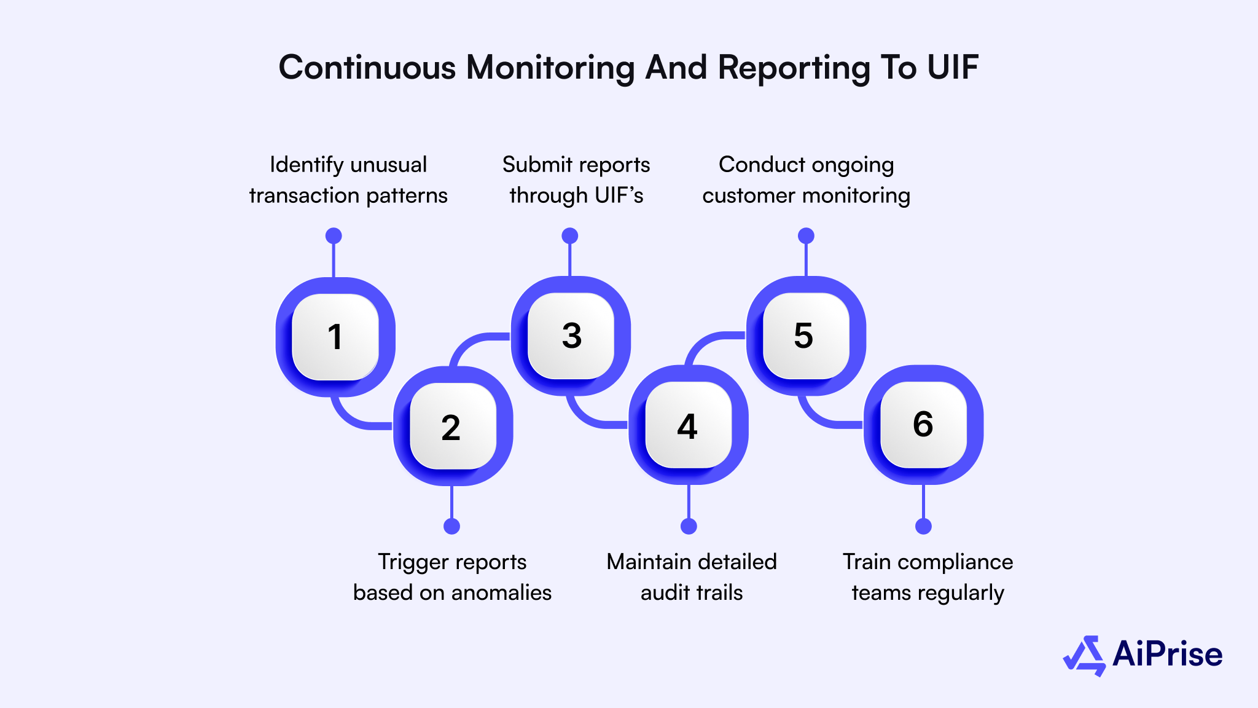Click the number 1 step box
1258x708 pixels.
[335, 337]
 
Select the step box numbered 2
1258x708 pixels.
[453, 426]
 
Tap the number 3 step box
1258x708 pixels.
[571, 336]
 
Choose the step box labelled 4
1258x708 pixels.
[689, 425]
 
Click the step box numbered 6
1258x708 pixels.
[923, 424]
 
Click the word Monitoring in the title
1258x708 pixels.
[550, 68]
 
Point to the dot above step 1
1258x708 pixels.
[334, 235]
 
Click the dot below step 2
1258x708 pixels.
[451, 526]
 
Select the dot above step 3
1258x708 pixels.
[570, 235]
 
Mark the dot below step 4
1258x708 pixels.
[689, 526]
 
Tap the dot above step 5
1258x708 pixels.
[806, 235]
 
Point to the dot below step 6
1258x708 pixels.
[923, 526]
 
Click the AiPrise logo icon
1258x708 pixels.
[1085, 656]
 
